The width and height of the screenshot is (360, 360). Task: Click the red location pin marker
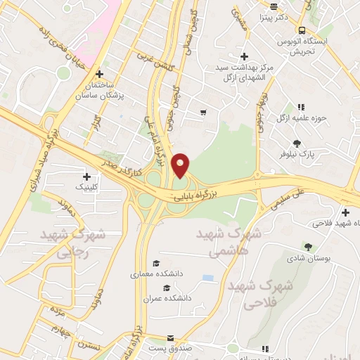pyautogui.click(x=181, y=165)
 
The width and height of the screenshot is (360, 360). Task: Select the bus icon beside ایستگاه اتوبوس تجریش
pyautogui.click(x=302, y=31)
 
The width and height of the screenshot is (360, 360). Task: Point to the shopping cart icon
pyautogui.click(x=203, y=112)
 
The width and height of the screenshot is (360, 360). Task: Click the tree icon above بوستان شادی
pyautogui.click(x=308, y=246)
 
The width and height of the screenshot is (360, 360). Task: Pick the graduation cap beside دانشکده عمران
pyautogui.click(x=167, y=288)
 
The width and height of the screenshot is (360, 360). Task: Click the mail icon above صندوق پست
pyautogui.click(x=171, y=337)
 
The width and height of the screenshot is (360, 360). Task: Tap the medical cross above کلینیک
pyautogui.click(x=87, y=176)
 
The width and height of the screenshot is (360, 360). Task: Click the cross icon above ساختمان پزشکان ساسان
pyautogui.click(x=100, y=73)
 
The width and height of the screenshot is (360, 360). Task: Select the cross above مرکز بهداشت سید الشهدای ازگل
pyautogui.click(x=244, y=56)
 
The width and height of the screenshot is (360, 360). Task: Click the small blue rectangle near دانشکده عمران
pyautogui.click(x=207, y=278)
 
